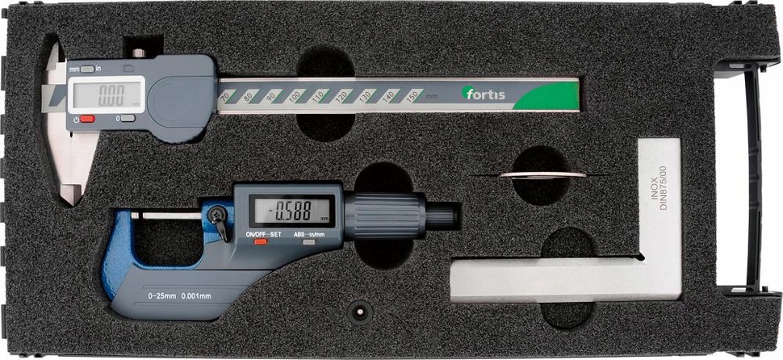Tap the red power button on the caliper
(x=86, y=119)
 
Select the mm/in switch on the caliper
(x=87, y=69)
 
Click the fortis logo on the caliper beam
(x=485, y=94)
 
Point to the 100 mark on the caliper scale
(x=294, y=97)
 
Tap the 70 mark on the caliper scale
(x=223, y=97)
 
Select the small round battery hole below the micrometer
(x=357, y=310)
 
